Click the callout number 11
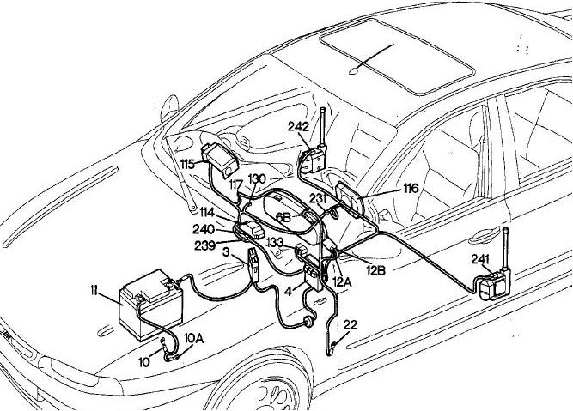coord(95,293)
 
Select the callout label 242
coord(298,125)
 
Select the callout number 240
coord(204,229)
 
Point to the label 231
coord(318,198)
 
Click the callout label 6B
coord(283,217)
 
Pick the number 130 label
coord(258,178)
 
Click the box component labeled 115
coord(221,160)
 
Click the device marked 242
coord(315,159)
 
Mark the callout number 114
coord(207,211)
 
